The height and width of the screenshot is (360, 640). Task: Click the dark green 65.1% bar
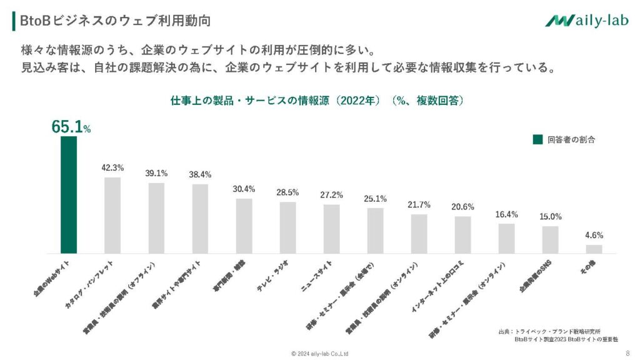(69, 195)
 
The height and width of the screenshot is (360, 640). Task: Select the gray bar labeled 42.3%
(112, 215)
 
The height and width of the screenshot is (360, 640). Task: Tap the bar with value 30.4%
(244, 226)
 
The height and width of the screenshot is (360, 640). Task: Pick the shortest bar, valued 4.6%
(594, 249)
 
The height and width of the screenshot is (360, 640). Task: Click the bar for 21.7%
(419, 234)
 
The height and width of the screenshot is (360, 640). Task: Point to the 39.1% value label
(156, 173)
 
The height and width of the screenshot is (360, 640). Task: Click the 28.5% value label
(287, 192)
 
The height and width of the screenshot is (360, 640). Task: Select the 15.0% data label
(550, 217)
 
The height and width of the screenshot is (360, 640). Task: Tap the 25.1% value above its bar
(375, 199)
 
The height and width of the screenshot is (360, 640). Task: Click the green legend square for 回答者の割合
(537, 139)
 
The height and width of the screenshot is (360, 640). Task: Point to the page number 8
(627, 353)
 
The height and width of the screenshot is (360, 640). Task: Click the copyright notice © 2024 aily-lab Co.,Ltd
(320, 353)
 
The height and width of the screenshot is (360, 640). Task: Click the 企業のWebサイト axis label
(51, 278)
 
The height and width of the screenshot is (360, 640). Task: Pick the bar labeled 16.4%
(506, 238)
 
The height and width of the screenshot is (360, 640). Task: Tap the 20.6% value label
(462, 207)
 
